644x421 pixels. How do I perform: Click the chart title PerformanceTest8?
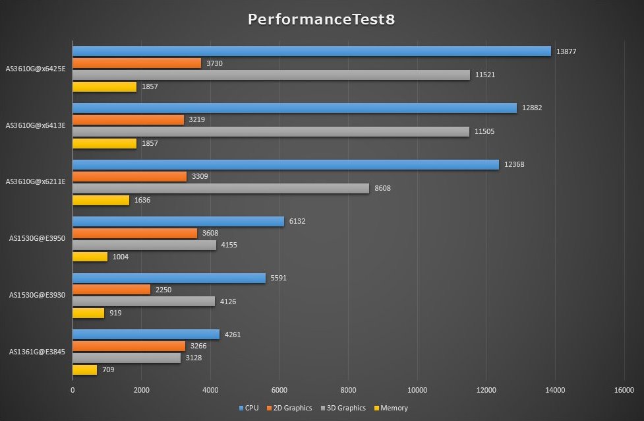click(322, 19)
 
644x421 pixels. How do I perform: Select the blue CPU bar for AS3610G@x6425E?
click(311, 51)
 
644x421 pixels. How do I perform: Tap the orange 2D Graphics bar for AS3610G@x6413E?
click(128, 120)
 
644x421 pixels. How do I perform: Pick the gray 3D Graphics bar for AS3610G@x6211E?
click(220, 188)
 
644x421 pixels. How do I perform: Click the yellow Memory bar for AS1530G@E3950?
click(90, 257)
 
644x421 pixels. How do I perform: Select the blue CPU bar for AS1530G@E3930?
click(169, 278)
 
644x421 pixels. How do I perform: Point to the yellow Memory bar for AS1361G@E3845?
click(84, 370)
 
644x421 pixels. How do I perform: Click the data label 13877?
click(567, 51)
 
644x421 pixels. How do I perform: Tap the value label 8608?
click(383, 188)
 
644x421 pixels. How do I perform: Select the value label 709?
click(108, 370)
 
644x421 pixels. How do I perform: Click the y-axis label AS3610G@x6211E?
click(36, 181)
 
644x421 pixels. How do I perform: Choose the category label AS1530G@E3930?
click(38, 295)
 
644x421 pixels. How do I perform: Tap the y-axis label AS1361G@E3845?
click(38, 352)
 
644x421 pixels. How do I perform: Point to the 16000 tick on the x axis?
click(624, 390)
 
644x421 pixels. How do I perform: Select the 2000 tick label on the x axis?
click(141, 390)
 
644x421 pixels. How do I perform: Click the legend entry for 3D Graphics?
click(343, 408)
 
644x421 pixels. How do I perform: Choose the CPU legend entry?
click(249, 408)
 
